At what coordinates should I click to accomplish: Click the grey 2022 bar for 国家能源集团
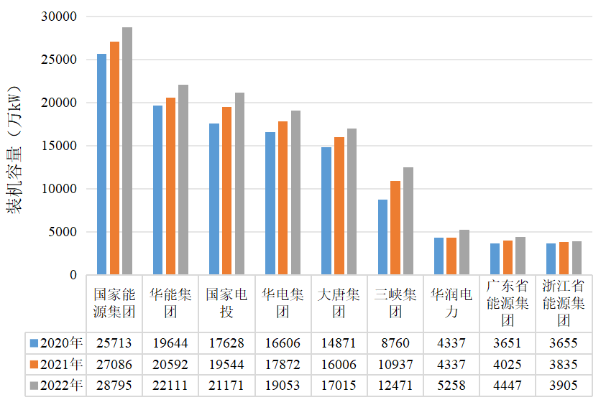click(x=127, y=151)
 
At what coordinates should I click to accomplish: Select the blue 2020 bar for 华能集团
click(x=157, y=190)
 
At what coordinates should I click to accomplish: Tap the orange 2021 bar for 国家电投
click(x=227, y=191)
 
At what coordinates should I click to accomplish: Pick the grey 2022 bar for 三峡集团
click(x=408, y=221)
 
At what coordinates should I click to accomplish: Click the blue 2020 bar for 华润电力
click(x=439, y=256)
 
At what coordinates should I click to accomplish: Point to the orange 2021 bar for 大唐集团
click(x=339, y=206)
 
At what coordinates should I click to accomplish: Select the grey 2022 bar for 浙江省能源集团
click(x=577, y=258)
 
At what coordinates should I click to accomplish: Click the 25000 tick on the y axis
click(x=59, y=60)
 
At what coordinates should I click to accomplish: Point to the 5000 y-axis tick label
click(x=63, y=232)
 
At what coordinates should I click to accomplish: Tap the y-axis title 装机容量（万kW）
click(x=14, y=150)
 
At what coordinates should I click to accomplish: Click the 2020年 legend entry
click(x=56, y=343)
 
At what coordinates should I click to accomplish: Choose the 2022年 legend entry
click(x=56, y=386)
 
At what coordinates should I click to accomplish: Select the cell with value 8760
click(x=395, y=343)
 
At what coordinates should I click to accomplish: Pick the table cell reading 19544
click(x=226, y=364)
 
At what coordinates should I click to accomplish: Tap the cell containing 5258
click(x=451, y=386)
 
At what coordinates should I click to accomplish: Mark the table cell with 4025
click(x=508, y=364)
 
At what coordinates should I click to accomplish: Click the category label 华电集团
click(x=283, y=303)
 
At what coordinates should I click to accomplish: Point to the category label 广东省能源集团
click(x=508, y=303)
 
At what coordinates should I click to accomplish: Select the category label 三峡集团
click(x=395, y=303)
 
